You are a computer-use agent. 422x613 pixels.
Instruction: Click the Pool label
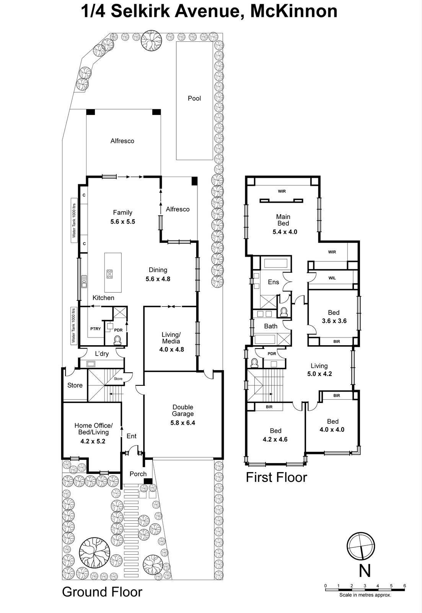[194, 98]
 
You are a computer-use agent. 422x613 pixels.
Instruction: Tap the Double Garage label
[183, 410]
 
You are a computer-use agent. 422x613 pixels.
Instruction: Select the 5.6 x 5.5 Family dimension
[122, 221]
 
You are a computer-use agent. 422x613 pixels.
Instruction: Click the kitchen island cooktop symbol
[110, 274]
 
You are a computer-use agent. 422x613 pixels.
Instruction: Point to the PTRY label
[95, 329]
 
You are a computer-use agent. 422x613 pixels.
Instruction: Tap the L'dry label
[102, 354]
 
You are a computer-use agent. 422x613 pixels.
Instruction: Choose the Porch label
[138, 474]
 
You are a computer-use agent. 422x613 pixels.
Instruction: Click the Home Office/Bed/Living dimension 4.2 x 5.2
[93, 441]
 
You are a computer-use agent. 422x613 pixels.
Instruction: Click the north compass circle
[361, 546]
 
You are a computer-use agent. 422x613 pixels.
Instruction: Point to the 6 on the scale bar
[404, 586]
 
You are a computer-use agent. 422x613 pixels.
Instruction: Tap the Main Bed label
[283, 220]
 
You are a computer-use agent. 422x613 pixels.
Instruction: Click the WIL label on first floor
[332, 278]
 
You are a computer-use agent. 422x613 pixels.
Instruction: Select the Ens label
[273, 282]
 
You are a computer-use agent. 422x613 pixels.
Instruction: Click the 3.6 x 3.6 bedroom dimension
[334, 321]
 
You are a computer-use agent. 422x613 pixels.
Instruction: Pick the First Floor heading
[276, 477]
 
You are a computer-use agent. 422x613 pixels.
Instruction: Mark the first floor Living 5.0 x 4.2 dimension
[319, 374]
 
